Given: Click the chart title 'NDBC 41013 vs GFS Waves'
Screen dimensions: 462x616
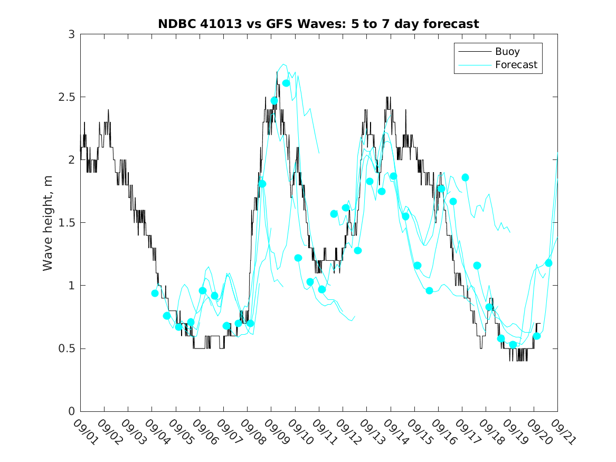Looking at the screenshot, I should coord(318,24).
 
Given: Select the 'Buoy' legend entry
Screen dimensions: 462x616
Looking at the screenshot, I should coord(507,52).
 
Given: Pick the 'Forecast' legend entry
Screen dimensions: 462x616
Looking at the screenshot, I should coord(516,65).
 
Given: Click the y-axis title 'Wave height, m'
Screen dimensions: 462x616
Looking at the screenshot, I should coord(48,223).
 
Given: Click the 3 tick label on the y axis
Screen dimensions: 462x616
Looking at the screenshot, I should coord(70,34).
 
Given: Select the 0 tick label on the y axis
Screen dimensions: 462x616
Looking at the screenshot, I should coord(70,411).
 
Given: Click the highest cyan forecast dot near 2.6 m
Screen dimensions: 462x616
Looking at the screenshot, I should coord(286,83).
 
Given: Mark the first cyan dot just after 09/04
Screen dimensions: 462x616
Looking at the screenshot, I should coord(155,293).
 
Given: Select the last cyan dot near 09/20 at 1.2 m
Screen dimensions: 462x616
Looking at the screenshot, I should coord(548,263).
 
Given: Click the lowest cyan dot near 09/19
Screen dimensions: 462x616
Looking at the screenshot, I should coord(513,345).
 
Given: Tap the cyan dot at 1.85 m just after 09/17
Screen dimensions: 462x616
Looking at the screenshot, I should coord(465,177).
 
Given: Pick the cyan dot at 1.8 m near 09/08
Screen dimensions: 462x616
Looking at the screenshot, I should coord(262,184).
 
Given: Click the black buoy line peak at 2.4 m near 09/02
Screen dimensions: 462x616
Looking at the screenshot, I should coord(108,110).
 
